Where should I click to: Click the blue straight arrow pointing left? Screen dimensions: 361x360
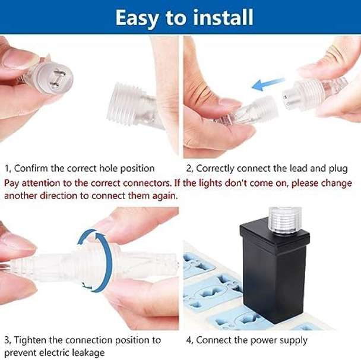click(268, 84)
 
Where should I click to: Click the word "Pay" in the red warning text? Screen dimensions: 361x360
click(12, 184)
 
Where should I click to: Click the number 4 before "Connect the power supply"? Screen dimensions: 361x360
click(189, 340)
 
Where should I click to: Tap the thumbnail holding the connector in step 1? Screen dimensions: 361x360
click(20, 58)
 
